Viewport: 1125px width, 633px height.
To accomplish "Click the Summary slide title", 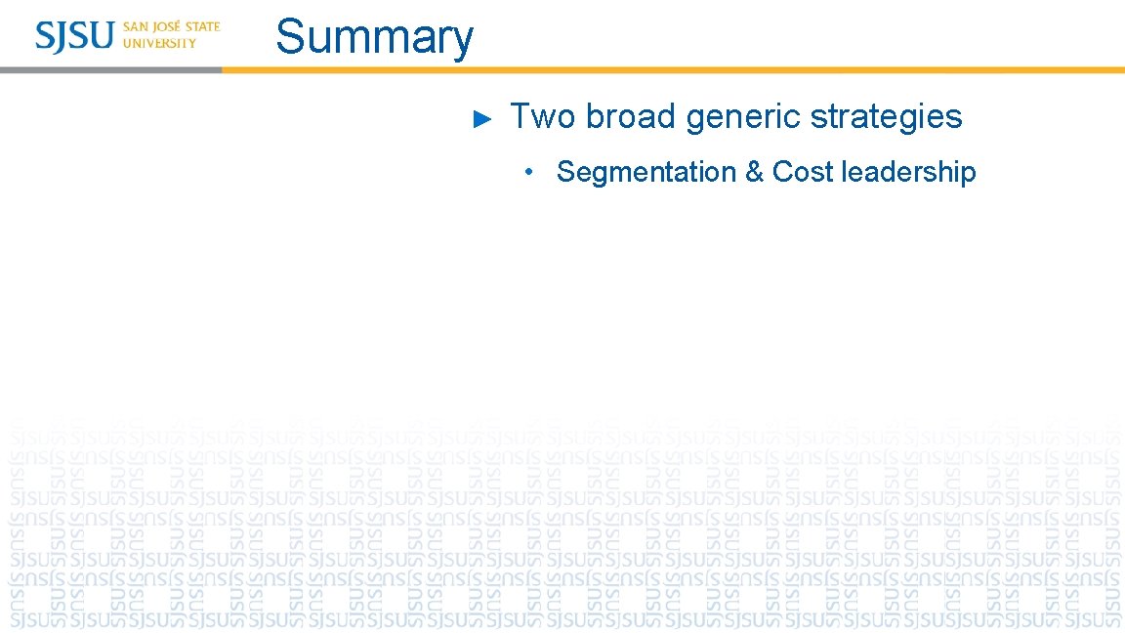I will click(374, 37).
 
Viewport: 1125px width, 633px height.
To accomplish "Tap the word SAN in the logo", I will click(136, 27).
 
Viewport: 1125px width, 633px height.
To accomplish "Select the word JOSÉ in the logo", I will click(168, 26).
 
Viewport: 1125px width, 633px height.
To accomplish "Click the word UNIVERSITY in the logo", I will click(159, 43).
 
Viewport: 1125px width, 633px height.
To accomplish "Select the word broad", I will click(631, 117).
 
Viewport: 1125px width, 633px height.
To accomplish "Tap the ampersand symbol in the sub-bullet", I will click(754, 172).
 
